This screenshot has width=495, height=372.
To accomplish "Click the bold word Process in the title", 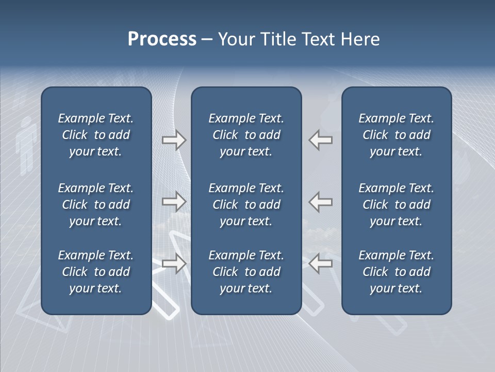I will coord(162,39).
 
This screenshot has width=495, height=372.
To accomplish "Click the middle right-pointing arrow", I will coord(174,202).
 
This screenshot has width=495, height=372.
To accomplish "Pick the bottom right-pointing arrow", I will coord(174,263).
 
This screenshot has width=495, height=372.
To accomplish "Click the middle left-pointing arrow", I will coord(320,202).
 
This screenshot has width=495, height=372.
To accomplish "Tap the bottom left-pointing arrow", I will coord(320,263).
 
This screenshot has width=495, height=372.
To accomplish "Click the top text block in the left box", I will coord(96,135).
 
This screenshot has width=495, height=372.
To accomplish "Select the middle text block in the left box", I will coord(96,205).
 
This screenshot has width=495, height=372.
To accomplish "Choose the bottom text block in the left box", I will coord(96,272).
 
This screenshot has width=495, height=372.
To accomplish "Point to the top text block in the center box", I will coord(246,135).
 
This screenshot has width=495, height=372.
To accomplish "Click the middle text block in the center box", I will coord(246,205).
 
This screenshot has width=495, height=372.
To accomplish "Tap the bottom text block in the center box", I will coord(246,272).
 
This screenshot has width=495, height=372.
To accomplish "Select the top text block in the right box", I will coord(396,135).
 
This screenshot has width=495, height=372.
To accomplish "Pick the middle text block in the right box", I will coord(396,205).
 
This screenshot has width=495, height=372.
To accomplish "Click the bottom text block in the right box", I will coord(396,272).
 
